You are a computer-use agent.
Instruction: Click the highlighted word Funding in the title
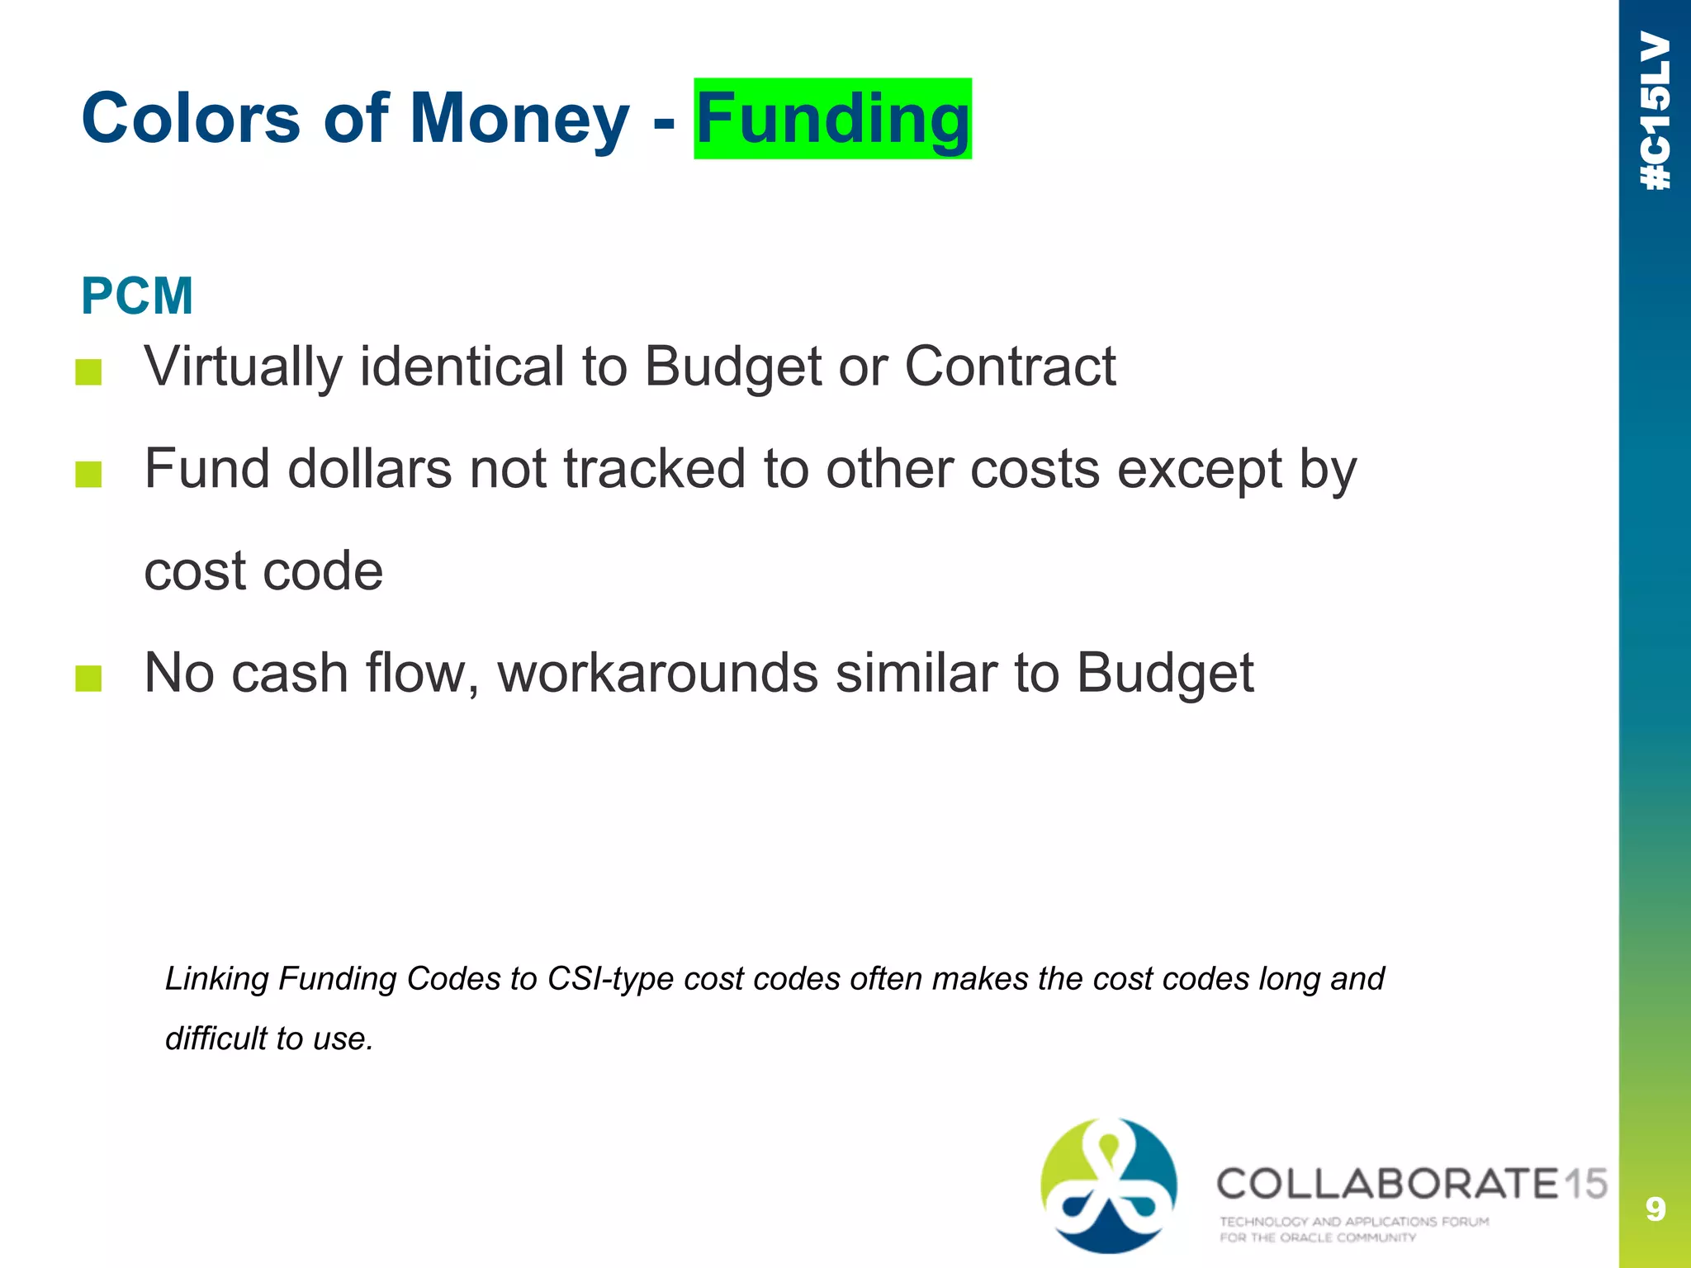point(832,119)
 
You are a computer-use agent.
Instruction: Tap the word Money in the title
point(519,119)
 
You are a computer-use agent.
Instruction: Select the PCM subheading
point(137,296)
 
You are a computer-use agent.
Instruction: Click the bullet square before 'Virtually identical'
point(88,372)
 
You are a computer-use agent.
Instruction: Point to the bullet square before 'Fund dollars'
point(88,475)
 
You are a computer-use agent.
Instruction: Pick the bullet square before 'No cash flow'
point(88,679)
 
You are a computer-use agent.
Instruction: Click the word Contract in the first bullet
point(1010,366)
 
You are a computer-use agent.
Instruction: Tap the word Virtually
point(243,366)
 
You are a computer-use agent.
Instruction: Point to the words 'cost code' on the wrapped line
point(263,570)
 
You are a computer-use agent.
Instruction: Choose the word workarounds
point(658,673)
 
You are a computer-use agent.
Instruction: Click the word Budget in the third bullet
point(1165,673)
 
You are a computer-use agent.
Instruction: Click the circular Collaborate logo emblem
point(1108,1185)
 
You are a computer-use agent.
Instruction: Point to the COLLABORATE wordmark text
point(1387,1184)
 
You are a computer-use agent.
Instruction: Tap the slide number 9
point(1655,1209)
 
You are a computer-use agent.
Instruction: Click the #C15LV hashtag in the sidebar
point(1655,111)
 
